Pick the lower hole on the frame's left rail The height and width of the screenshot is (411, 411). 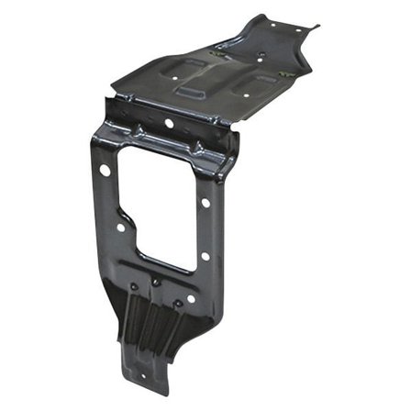pos(120,227)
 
